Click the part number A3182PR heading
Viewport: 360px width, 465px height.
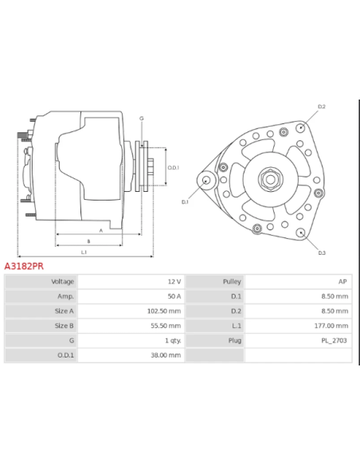[24, 267]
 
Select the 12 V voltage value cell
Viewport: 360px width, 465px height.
[174, 282]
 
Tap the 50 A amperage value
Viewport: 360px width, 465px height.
[174, 296]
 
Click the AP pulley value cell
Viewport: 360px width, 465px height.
[342, 282]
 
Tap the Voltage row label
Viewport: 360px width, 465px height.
[63, 282]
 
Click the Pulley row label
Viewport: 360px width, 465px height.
[232, 282]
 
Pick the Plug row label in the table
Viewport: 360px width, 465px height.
[235, 340]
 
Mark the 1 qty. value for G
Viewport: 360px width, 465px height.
[172, 340]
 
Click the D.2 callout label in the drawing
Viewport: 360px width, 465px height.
[322, 107]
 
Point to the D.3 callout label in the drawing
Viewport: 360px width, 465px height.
[321, 252]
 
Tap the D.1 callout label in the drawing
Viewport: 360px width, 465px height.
[186, 202]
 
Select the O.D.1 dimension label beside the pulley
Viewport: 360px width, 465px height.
[173, 167]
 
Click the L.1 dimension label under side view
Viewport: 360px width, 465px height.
[84, 252]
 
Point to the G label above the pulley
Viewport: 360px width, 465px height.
[141, 118]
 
